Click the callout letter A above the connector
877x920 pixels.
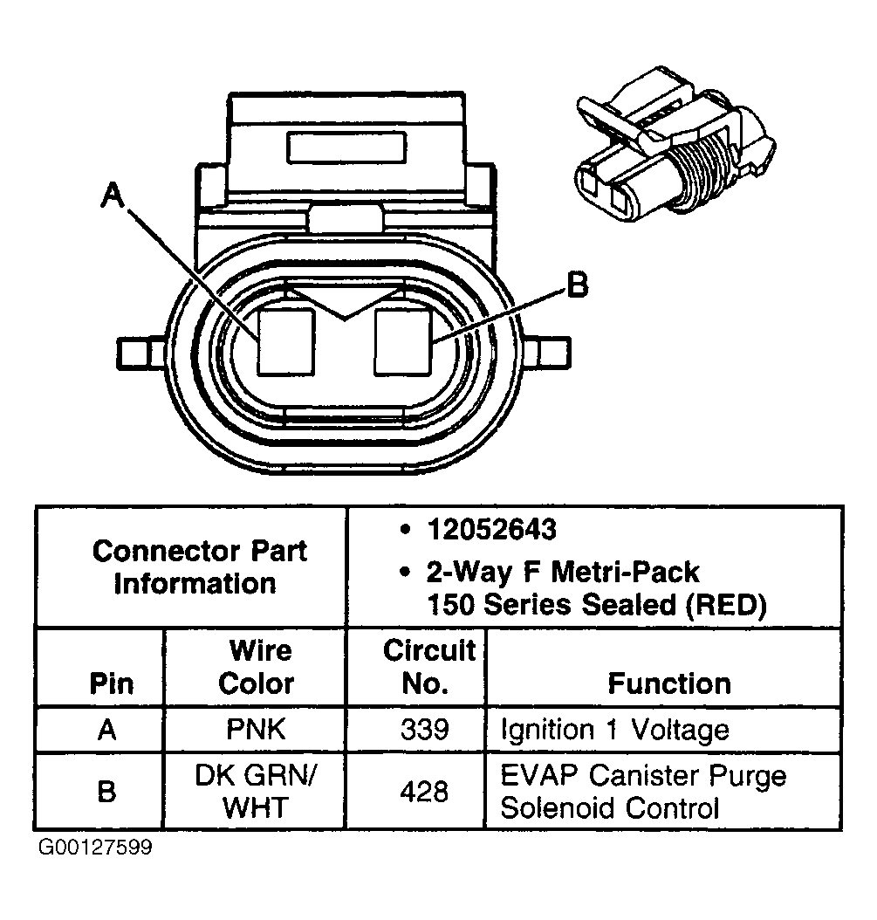point(112,196)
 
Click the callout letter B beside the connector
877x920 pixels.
point(576,285)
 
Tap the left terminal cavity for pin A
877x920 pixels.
point(284,341)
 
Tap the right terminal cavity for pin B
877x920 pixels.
point(403,341)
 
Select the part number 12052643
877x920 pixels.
point(491,529)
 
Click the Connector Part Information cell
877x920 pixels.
point(199,566)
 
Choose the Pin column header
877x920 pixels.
point(112,683)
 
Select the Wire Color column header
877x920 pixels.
point(256,667)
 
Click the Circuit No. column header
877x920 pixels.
point(428,667)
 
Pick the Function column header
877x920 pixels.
point(668,683)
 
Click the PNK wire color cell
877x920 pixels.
point(256,730)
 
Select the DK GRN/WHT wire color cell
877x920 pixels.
point(256,791)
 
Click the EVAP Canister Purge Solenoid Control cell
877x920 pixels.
point(642,791)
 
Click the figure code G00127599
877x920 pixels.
point(94,848)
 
